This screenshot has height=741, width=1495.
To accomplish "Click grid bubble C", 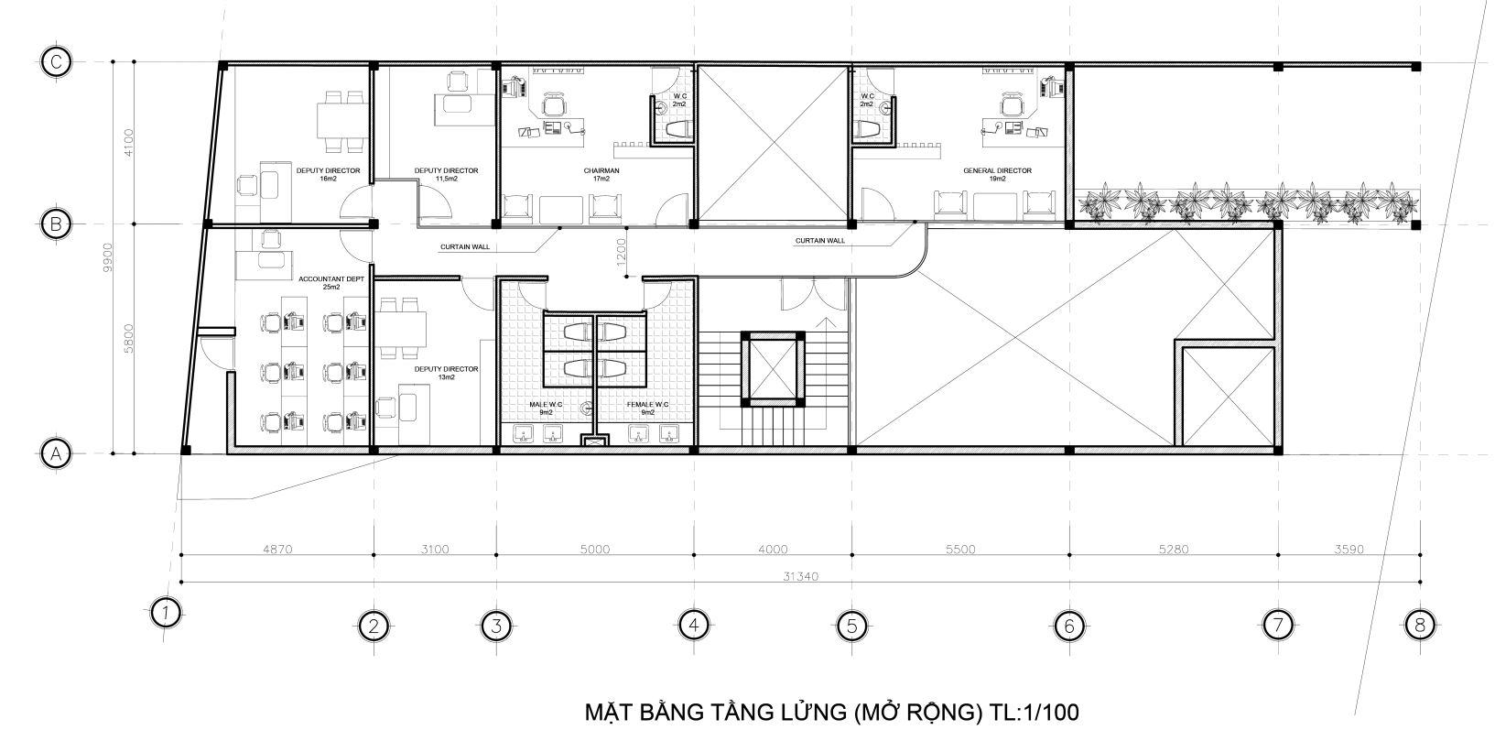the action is (56, 62).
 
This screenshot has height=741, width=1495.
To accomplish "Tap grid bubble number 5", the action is (851, 627).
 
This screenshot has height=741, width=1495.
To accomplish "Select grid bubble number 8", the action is (1420, 626).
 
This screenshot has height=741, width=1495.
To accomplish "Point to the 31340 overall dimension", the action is (800, 576).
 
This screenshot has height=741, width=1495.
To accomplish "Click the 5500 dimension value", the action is (960, 550).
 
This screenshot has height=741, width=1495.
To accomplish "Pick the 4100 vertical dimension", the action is (129, 142).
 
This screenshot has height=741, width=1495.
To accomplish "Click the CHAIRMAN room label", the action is (601, 171).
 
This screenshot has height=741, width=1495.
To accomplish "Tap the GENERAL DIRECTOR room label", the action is (997, 171).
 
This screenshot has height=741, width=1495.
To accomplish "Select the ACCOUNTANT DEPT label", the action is (331, 279).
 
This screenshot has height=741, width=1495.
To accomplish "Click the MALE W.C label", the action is (546, 405).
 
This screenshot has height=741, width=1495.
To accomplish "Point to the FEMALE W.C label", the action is (647, 405).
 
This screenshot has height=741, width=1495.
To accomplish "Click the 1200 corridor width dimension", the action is (622, 251).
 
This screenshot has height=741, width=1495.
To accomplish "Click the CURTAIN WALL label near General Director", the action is (819, 240).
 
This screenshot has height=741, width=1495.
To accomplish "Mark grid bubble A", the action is (56, 454).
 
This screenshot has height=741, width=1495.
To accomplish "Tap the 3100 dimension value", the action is (435, 550).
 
